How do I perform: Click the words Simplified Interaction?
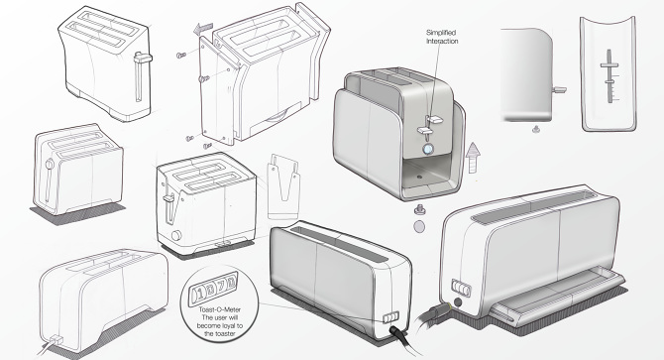442,36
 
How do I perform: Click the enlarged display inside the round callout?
210,291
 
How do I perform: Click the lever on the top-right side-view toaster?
559,90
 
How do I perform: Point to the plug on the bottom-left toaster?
51,346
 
